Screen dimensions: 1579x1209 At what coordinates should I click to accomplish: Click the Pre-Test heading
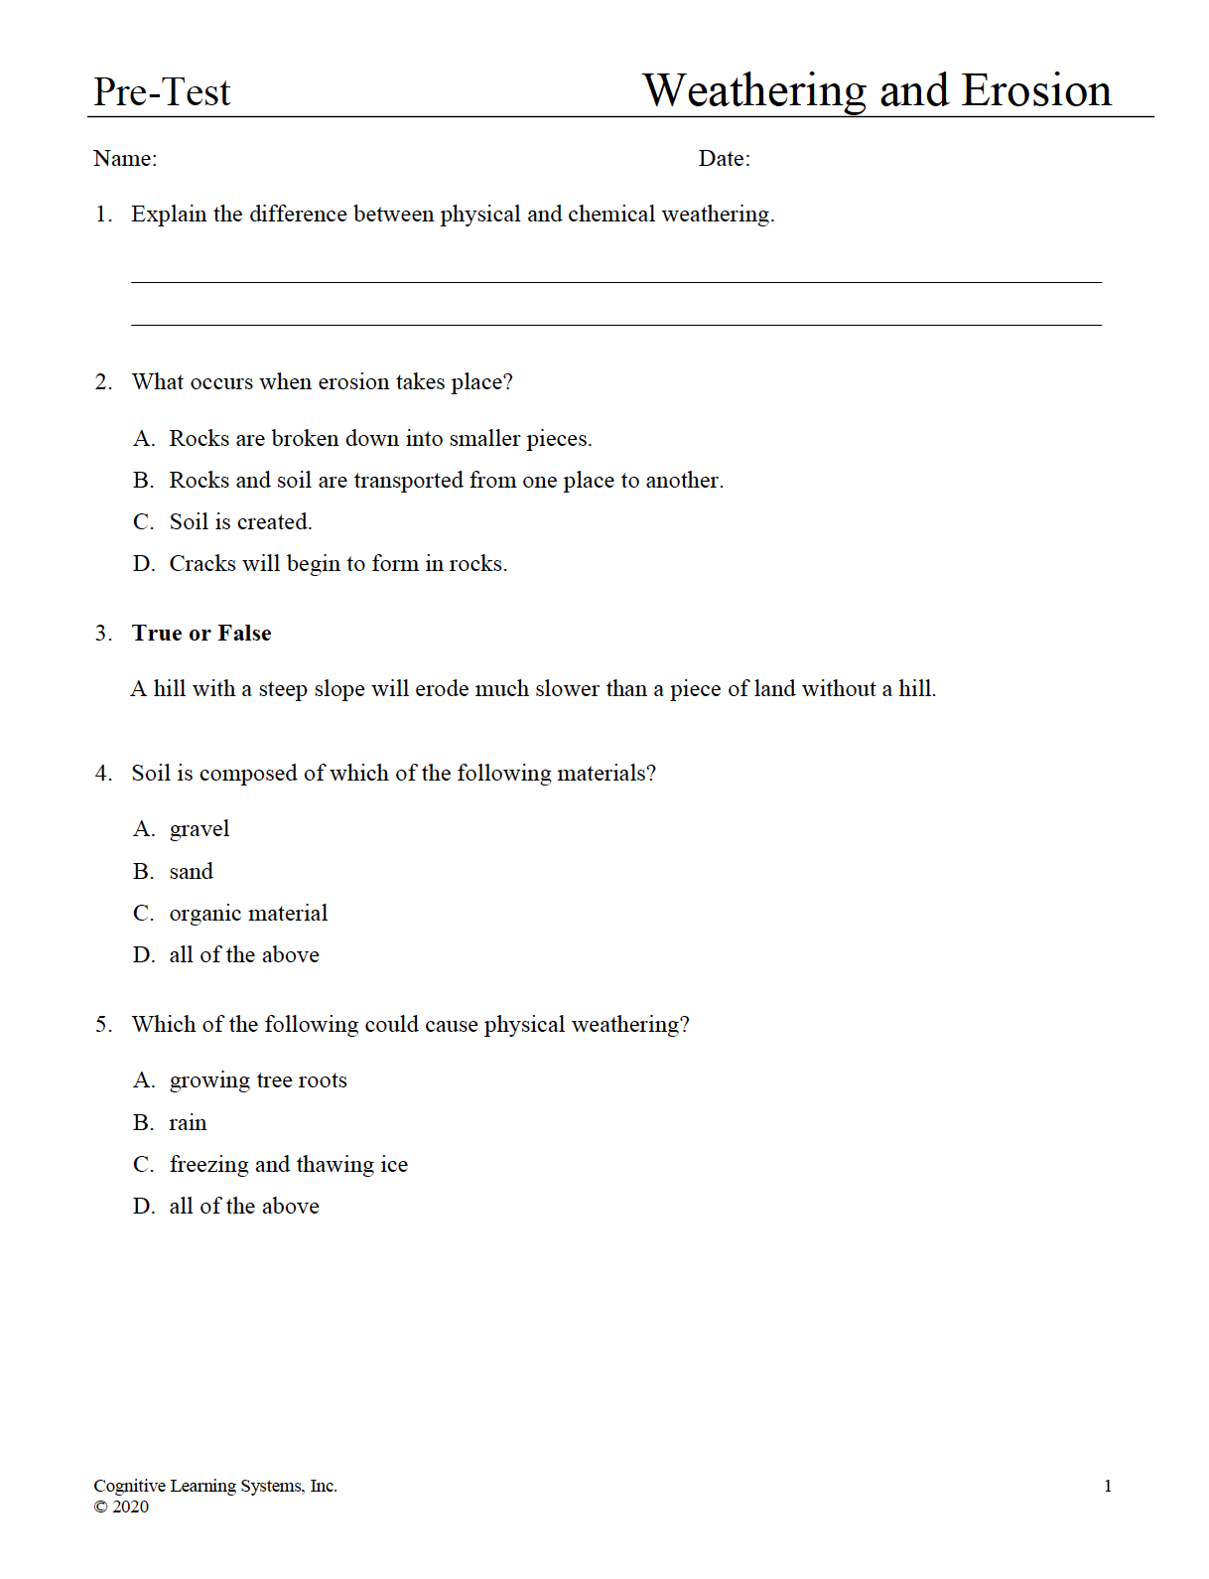[x=162, y=92]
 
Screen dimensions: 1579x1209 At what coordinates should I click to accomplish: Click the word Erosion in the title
[x=1036, y=90]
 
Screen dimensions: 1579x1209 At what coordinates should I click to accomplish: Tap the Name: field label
[x=125, y=159]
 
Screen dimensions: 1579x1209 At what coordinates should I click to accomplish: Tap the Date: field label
[x=724, y=159]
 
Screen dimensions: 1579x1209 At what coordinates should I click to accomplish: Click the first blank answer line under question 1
[x=615, y=282]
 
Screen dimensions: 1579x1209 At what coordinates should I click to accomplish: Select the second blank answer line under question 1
[x=615, y=325]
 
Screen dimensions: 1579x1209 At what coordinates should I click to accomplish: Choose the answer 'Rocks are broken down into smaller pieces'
[x=380, y=439]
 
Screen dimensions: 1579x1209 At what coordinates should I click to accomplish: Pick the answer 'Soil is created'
[x=240, y=522]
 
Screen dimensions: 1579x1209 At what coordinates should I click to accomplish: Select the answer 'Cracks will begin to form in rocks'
[x=337, y=564]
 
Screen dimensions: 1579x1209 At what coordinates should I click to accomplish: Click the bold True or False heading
[x=201, y=634]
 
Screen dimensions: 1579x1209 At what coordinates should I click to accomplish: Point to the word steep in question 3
[x=283, y=689]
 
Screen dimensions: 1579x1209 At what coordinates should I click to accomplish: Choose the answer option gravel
[x=200, y=829]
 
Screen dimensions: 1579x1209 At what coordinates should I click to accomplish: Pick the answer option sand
[x=192, y=872]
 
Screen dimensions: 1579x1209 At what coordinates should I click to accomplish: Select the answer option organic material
[x=248, y=914]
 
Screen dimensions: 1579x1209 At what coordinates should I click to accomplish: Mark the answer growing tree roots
[x=258, y=1080]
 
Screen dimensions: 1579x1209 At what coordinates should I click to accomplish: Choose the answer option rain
[x=188, y=1123]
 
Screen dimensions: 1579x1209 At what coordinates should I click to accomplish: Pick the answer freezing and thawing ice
[x=288, y=1165]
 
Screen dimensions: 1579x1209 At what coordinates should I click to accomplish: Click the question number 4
[x=103, y=774]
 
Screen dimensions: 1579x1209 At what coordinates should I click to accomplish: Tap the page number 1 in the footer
[x=1108, y=1487]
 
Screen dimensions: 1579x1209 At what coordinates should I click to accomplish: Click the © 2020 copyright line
[x=121, y=1507]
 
